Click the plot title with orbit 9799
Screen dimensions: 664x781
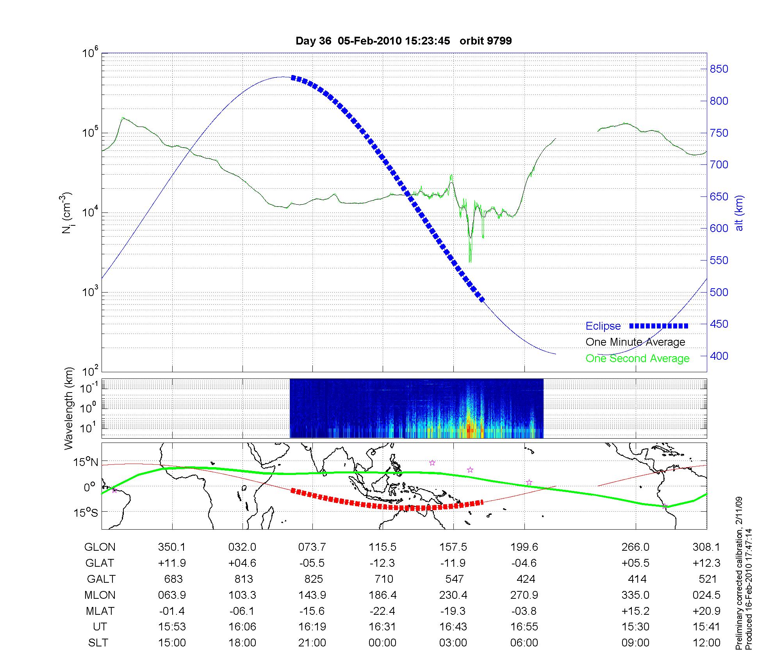coord(403,41)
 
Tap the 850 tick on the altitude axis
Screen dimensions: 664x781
coord(719,69)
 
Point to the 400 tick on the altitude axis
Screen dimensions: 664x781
coord(719,356)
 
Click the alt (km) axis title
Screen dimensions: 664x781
coord(739,213)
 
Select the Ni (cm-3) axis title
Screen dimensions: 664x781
coord(67,213)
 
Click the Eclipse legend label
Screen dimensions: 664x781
coord(603,326)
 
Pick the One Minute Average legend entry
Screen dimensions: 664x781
coord(635,342)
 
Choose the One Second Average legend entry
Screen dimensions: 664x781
coord(637,359)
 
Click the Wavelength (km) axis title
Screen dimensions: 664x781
coord(69,408)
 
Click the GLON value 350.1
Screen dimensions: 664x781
coord(172,547)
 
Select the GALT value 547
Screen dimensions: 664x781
coord(454,579)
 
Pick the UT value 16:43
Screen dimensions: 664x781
coord(453,627)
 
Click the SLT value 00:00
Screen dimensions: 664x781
coord(382,643)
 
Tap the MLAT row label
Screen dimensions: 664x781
coord(100,611)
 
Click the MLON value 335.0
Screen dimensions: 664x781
coord(635,595)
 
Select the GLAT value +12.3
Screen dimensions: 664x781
coord(706,563)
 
